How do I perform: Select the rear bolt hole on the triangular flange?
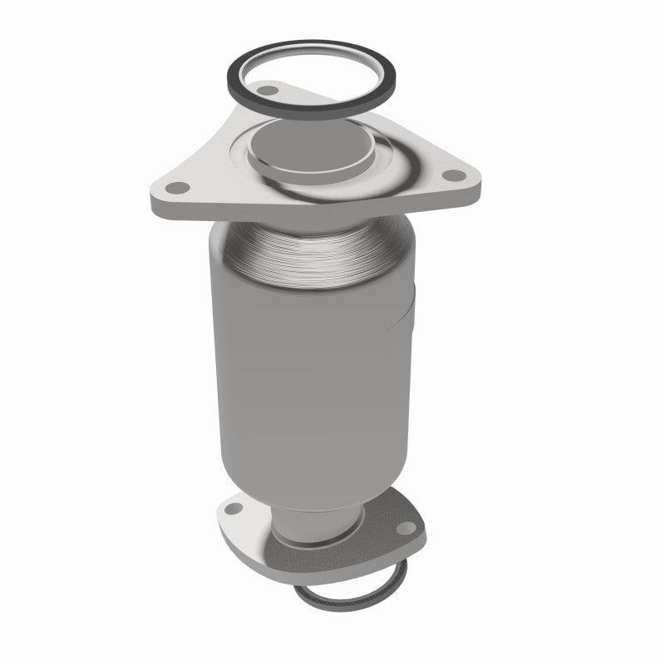click(268, 88)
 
